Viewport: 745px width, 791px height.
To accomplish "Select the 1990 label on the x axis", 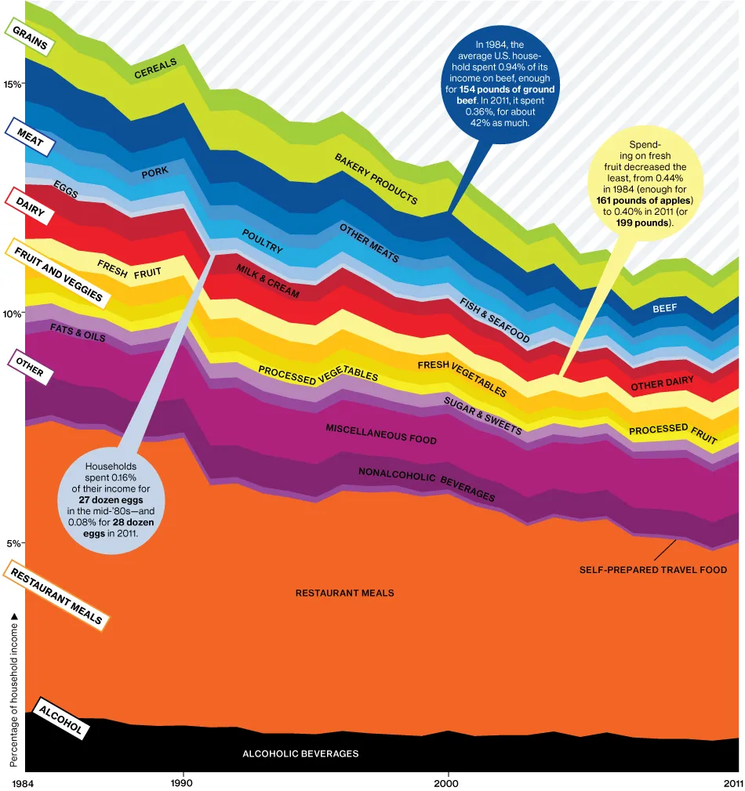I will (182, 782).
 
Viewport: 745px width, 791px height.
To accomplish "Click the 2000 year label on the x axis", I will (446, 782).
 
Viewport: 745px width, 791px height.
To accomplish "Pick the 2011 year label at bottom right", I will (732, 782).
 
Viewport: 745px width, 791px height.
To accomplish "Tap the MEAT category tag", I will (30, 138).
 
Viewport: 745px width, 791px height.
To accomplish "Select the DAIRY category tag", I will (30, 206).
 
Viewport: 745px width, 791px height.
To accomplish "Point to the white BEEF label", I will (664, 309).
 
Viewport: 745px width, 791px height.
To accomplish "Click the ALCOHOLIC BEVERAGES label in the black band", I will (300, 753).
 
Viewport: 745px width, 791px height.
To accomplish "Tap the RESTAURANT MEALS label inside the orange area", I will (344, 593).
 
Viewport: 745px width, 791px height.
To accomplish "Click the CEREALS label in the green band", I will (155, 69).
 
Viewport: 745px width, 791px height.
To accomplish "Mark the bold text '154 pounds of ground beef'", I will (507, 95).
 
